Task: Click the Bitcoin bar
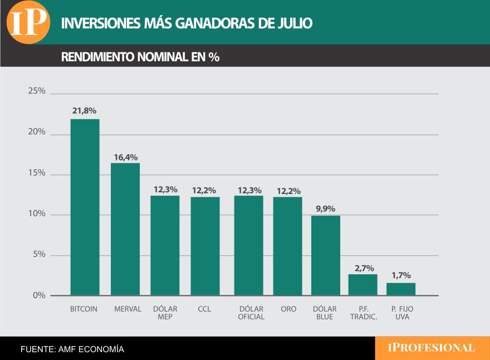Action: (x=85, y=207)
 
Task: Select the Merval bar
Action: (x=125, y=229)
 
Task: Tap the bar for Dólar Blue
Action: (x=325, y=255)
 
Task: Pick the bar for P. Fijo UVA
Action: (x=401, y=289)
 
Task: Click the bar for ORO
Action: (x=287, y=246)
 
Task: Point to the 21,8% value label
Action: (x=84, y=111)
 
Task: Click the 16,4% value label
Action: (x=125, y=157)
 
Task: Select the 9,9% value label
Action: (x=325, y=209)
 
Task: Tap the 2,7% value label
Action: (x=364, y=268)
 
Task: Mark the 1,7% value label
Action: (x=401, y=275)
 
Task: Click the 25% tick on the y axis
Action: (x=37, y=91)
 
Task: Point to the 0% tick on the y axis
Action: (x=39, y=295)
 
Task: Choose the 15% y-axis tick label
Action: (x=37, y=173)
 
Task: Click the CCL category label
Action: (x=204, y=309)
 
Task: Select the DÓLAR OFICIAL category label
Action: (x=251, y=313)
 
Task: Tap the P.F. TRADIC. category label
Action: (x=364, y=313)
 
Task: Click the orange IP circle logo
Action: (x=28, y=22)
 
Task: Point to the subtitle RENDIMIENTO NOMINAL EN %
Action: (x=140, y=57)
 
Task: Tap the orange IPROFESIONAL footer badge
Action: (x=432, y=348)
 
